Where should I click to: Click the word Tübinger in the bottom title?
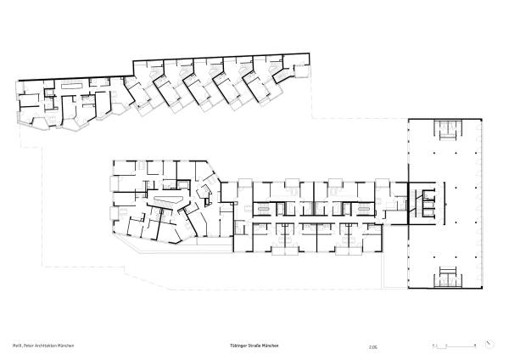pyautogui.click(x=239, y=346)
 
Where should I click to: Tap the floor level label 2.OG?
pyautogui.click(x=373, y=346)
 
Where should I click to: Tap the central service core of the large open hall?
pyautogui.click(x=428, y=201)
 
